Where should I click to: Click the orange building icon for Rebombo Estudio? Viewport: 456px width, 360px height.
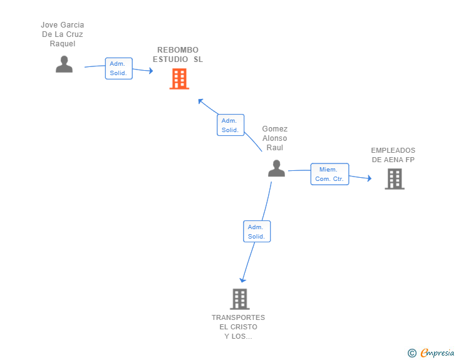179,78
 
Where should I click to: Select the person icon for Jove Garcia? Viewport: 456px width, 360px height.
64,64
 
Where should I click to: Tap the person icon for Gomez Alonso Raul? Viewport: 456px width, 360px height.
276,168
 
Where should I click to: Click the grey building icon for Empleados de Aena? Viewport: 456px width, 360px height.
395,179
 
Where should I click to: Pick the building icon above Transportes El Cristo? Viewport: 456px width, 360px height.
240,299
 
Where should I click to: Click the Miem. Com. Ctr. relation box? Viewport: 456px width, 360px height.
329,174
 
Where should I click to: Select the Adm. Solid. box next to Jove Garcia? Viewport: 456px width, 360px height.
118,68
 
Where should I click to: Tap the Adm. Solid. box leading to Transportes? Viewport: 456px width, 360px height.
257,231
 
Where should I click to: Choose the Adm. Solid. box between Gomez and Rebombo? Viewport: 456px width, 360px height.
231,125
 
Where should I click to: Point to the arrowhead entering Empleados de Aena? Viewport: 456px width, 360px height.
370,178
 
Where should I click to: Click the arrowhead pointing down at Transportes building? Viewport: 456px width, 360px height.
243,280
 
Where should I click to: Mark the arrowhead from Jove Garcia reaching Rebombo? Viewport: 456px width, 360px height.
150,71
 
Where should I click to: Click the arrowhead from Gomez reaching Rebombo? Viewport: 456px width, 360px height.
200,101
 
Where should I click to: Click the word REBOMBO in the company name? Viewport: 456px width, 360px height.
178,50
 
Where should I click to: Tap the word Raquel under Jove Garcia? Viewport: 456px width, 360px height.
63,44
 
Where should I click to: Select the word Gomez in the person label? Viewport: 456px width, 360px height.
275,129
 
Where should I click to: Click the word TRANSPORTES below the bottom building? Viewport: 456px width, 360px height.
238,317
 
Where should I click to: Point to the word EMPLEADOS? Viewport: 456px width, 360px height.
393,150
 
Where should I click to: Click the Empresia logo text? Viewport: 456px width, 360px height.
437,353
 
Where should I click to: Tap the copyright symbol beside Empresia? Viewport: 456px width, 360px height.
412,353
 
